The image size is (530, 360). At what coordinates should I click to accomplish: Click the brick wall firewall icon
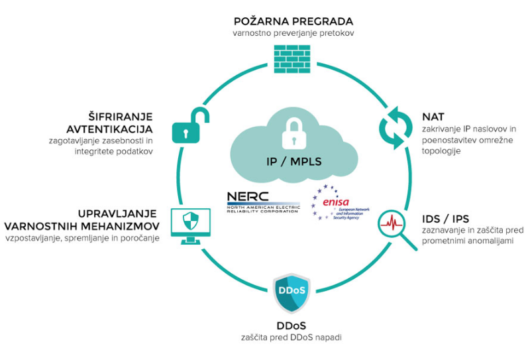click(x=292, y=59)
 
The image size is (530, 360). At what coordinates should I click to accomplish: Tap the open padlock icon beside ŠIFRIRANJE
click(x=191, y=125)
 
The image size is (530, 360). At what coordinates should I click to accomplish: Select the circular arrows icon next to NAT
click(x=396, y=128)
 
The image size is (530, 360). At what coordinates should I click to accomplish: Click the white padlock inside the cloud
click(x=294, y=133)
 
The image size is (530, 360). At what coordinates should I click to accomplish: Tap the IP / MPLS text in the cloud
click(x=293, y=161)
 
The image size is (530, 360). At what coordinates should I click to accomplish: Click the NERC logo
click(x=263, y=202)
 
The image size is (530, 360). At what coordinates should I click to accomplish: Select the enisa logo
click(x=340, y=203)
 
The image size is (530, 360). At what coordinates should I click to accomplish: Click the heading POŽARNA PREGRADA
click(x=293, y=21)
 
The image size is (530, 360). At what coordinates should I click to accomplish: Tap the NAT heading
click(x=433, y=117)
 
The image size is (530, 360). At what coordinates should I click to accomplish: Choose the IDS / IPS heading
click(x=445, y=219)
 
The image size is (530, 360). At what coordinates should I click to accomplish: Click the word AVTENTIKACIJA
click(x=109, y=129)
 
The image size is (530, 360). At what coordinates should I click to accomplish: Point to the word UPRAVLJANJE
click(x=117, y=214)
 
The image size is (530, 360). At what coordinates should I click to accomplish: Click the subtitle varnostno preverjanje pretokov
click(x=293, y=33)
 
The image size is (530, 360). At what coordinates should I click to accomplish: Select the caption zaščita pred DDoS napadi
click(x=291, y=337)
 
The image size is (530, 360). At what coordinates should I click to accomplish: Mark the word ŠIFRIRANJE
click(x=121, y=116)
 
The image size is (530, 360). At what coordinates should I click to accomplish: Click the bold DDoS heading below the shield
click(x=291, y=326)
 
